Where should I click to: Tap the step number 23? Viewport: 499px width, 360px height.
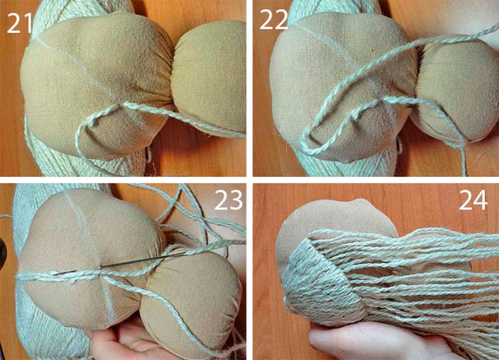coord(220,202)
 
